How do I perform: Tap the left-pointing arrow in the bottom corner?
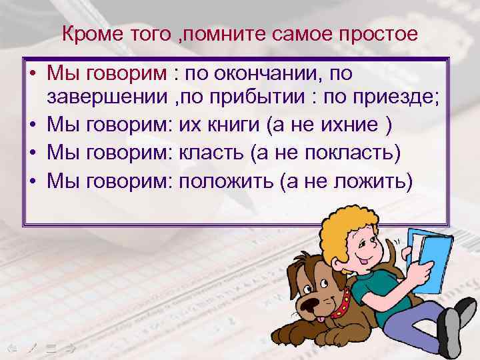(x=9, y=347)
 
